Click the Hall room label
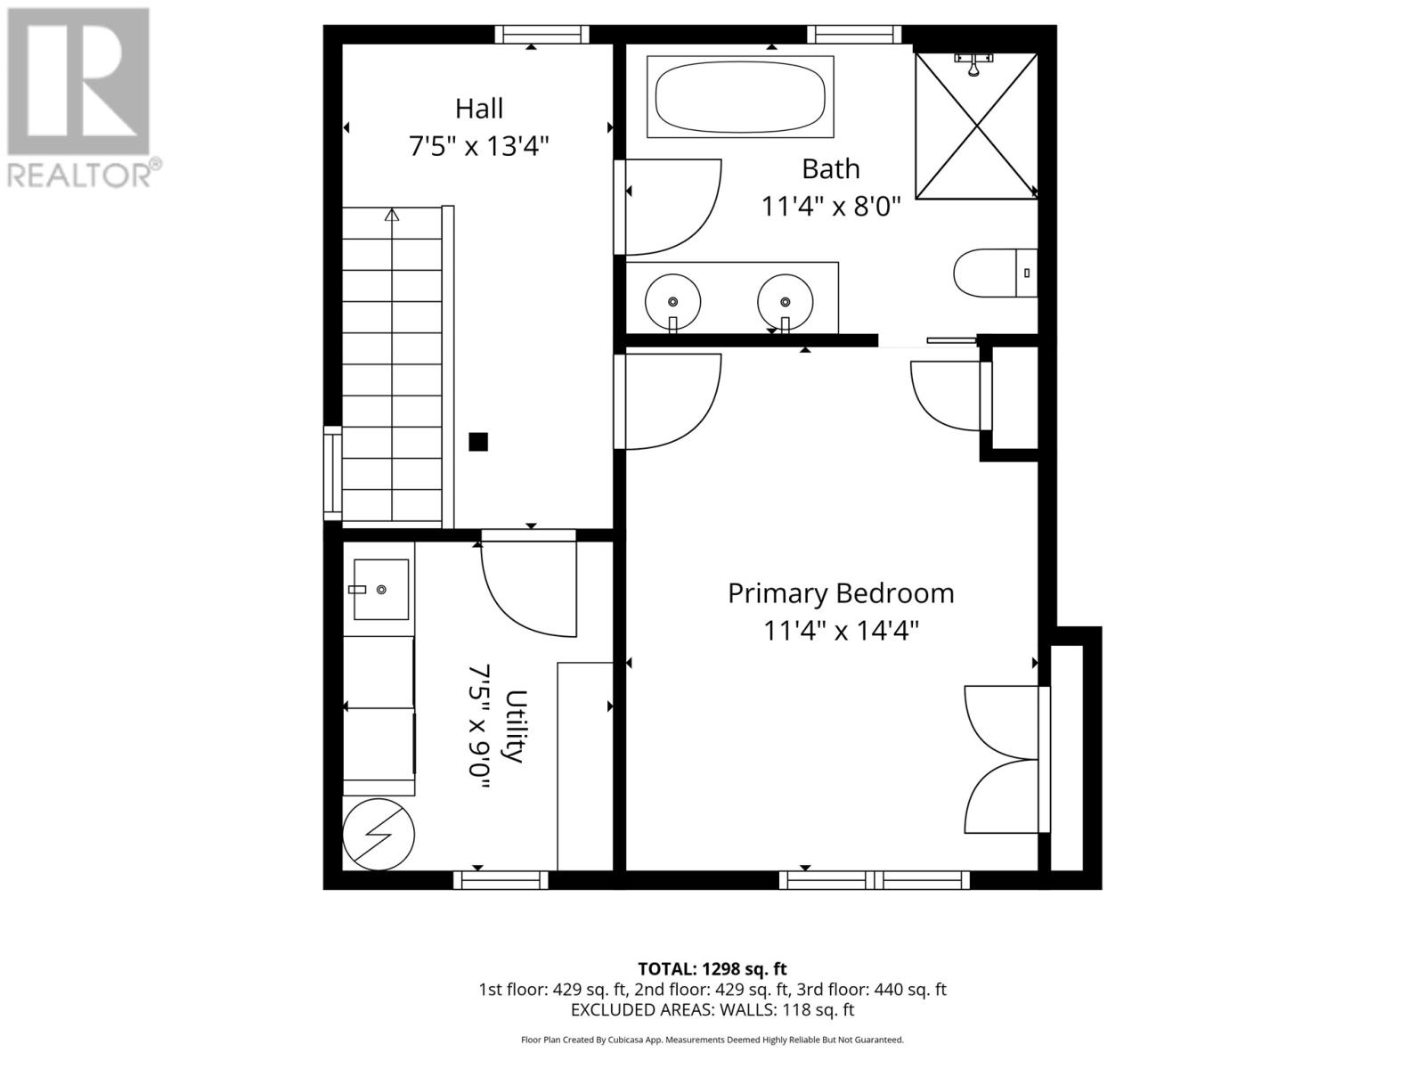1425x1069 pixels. [x=479, y=109]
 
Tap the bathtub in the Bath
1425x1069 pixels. [x=739, y=97]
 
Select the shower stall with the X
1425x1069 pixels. [x=976, y=126]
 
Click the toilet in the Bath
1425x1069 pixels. [x=993, y=273]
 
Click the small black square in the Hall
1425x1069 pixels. [x=478, y=441]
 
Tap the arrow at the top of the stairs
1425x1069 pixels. [x=392, y=214]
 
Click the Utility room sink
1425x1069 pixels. [x=381, y=589]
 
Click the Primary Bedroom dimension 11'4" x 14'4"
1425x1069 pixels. [x=841, y=631]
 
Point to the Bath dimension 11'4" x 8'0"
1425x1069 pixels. [x=830, y=207]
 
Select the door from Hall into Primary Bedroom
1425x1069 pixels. [x=668, y=401]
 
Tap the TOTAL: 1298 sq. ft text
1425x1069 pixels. [x=712, y=968]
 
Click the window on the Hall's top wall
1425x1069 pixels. [x=541, y=35]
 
